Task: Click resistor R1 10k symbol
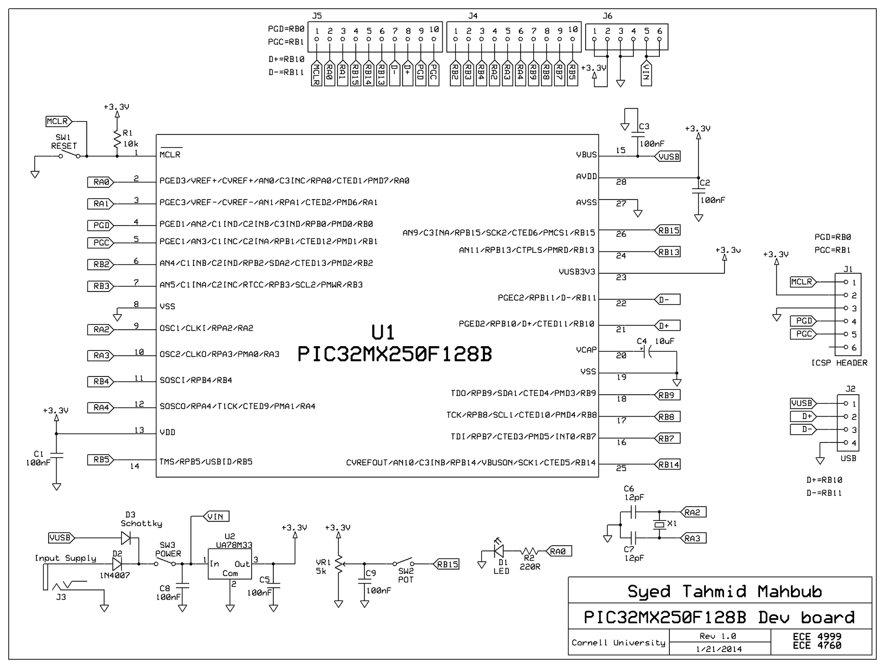(117, 139)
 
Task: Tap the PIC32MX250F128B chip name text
(394, 354)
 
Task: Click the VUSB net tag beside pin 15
(668, 156)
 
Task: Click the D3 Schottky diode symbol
(127, 537)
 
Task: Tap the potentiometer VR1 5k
(338, 564)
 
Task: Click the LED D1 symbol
(499, 551)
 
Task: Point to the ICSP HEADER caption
(839, 363)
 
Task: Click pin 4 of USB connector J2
(846, 443)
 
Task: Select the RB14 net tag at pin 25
(668, 465)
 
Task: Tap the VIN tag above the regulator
(216, 516)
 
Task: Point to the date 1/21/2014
(720, 649)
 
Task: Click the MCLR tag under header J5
(316, 74)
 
